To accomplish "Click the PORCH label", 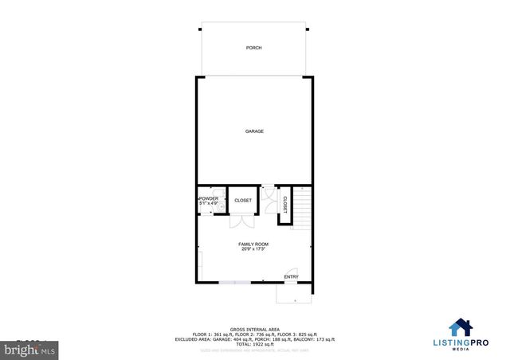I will pos(254,48).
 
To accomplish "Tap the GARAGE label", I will pos(254,131).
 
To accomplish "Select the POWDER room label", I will pos(209,198).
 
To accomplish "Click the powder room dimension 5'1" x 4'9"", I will pos(209,204).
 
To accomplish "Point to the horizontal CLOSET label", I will pos(243,201).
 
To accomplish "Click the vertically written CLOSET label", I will pos(284,204).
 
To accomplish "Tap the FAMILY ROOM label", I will pos(253,244).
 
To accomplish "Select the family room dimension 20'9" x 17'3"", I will pos(253,249).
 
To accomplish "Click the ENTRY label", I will pos(292,277).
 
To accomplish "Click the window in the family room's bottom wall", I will pos(233,282).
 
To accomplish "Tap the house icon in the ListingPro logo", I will pos(460,327).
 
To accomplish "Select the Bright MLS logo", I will pos(25,349).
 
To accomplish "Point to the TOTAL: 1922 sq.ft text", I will pos(255,343).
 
